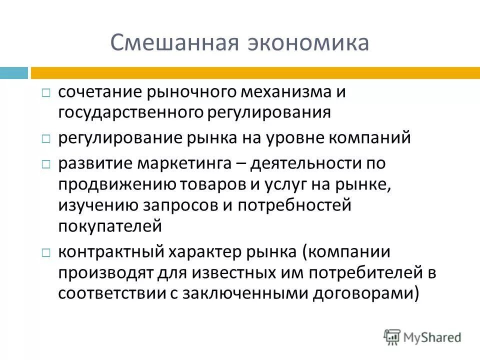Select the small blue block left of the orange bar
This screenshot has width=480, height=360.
pyautogui.click(x=14, y=73)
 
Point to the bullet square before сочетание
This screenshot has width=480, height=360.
pyautogui.click(x=45, y=93)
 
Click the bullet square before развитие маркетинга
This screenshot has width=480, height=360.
pyautogui.click(x=45, y=164)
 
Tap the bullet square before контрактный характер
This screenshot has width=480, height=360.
pyautogui.click(x=45, y=253)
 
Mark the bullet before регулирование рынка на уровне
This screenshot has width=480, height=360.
pyautogui.click(x=45, y=138)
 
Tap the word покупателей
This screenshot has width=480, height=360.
pyautogui.click(x=110, y=225)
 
